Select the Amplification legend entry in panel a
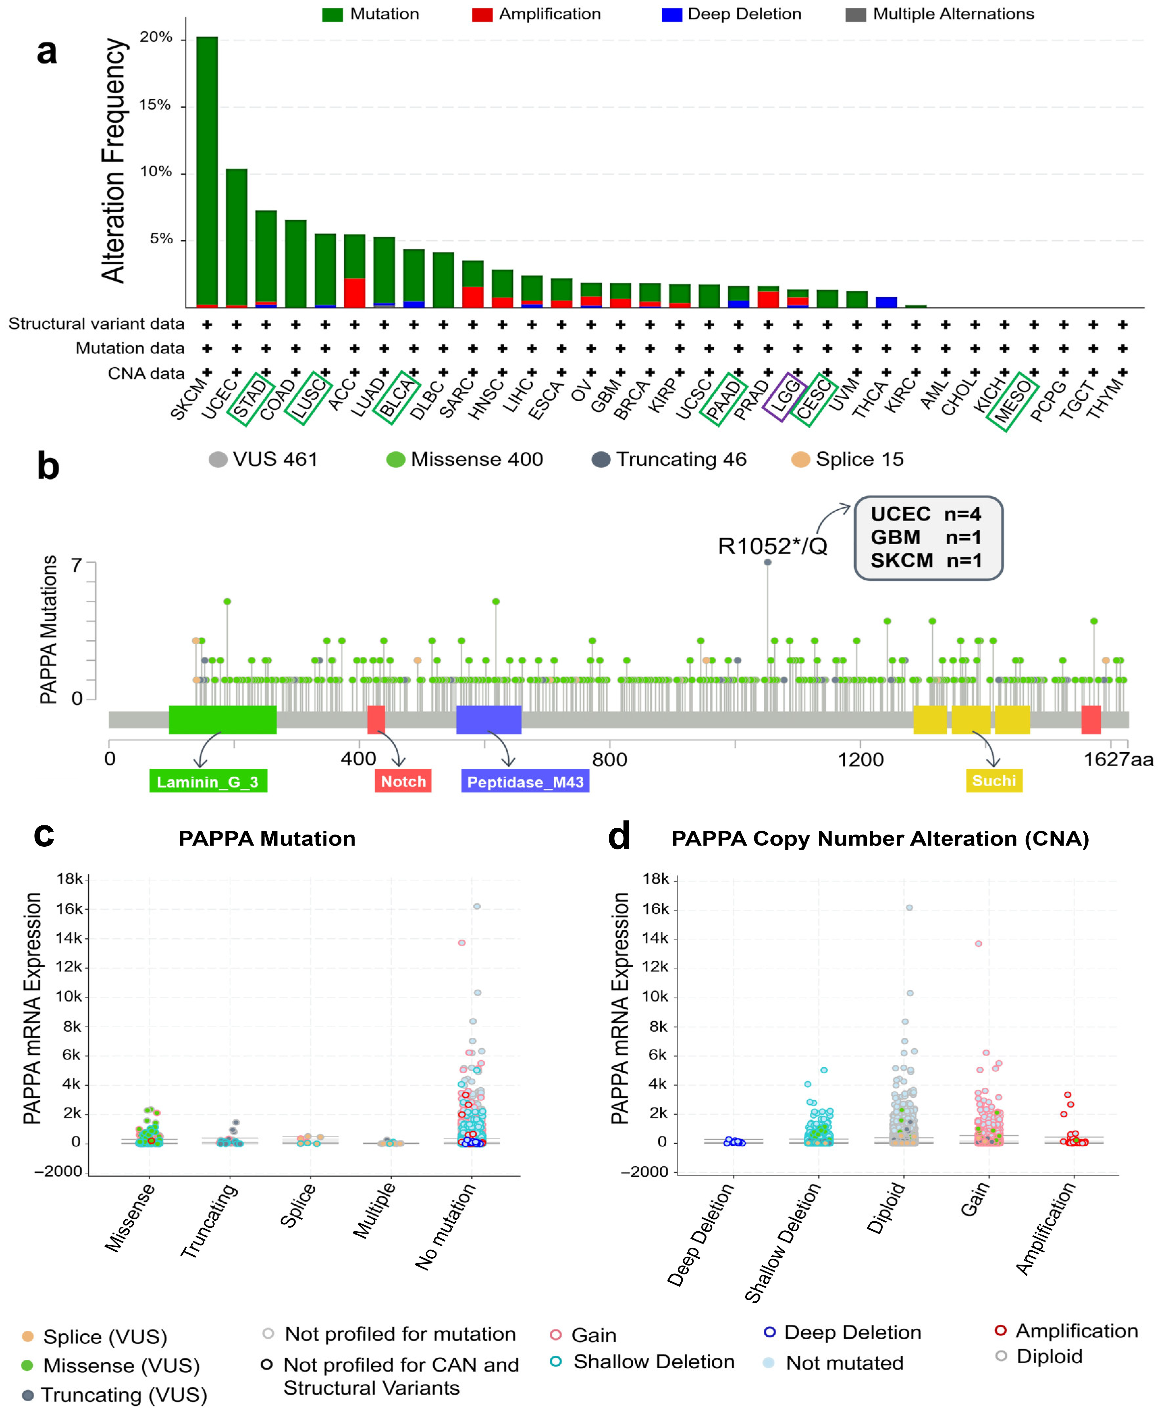coord(536,14)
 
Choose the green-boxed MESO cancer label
coord(1013,401)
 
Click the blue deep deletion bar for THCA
coord(887,302)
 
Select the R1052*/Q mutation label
coord(772,546)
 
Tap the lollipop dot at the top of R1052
coord(768,562)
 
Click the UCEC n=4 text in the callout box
coord(925,514)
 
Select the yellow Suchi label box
coord(994,781)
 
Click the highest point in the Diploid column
coord(909,907)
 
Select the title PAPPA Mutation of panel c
coord(267,839)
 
